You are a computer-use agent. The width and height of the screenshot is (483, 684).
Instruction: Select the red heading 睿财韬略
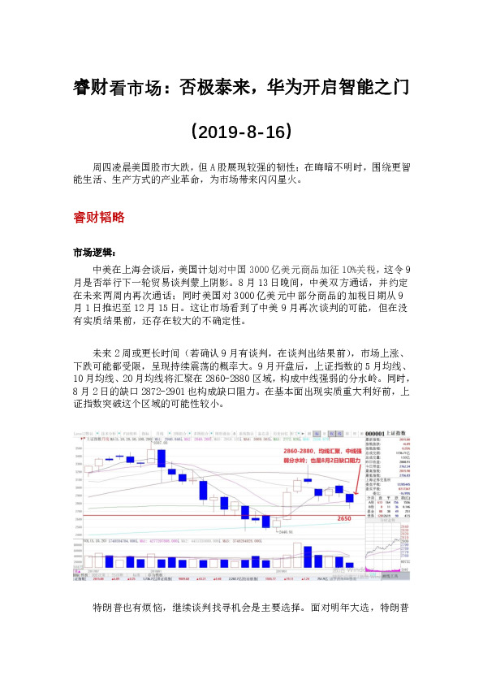(98, 217)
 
